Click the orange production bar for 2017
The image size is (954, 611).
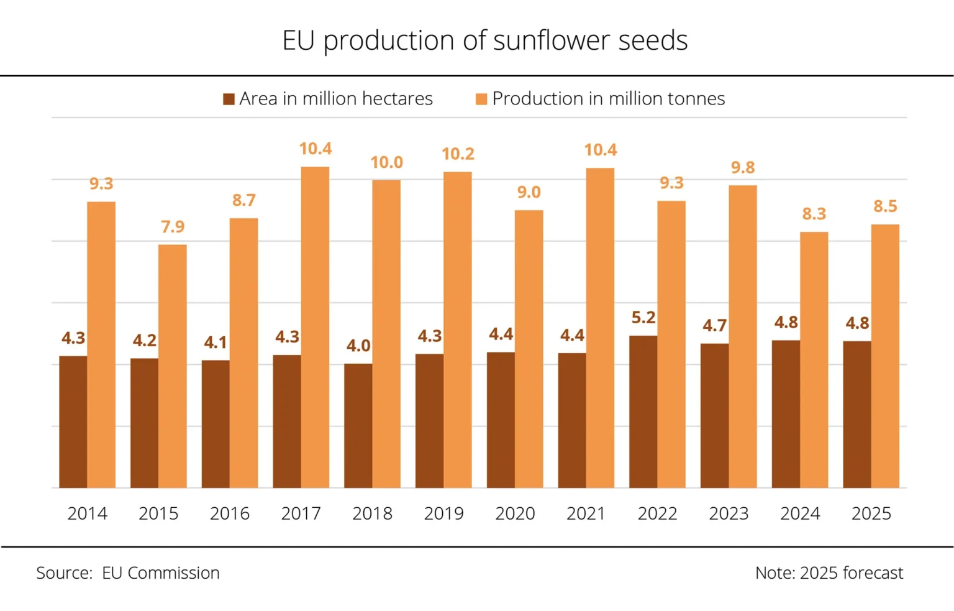click(x=315, y=327)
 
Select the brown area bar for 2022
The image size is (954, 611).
click(x=643, y=411)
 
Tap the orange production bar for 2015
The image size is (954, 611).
click(x=172, y=366)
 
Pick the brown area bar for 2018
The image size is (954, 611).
click(x=358, y=426)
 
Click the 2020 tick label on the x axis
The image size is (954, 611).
click(x=515, y=513)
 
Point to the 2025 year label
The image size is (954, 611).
click(x=871, y=513)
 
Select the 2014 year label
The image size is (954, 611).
click(x=87, y=513)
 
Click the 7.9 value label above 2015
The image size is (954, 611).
click(x=173, y=227)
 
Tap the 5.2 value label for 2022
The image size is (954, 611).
click(x=643, y=318)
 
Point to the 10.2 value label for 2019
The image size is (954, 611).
click(x=458, y=154)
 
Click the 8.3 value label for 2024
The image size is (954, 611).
click(x=814, y=214)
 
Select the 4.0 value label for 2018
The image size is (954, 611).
click(x=358, y=346)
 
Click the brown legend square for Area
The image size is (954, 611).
click(x=229, y=99)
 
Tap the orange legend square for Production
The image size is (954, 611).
click(x=481, y=99)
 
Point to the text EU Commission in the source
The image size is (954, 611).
click(x=161, y=572)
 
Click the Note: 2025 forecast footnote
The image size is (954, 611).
click(x=829, y=572)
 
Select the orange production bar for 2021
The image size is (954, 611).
click(x=600, y=328)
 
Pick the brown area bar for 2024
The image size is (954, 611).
click(x=786, y=414)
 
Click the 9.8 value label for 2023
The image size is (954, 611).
click(x=743, y=167)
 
